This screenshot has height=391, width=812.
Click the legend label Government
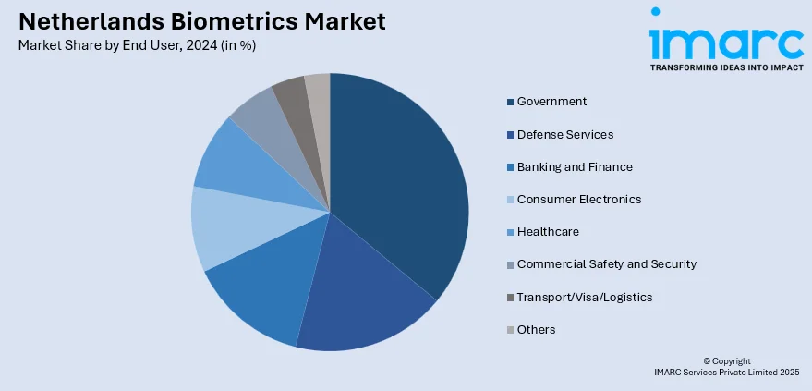pos(551,102)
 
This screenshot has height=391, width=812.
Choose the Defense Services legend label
pos(564,135)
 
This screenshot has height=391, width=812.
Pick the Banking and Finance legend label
pos(574,167)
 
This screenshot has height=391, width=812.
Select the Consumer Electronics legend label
pos(578,200)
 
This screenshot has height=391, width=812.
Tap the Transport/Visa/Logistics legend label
pos(585,297)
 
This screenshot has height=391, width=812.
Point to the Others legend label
pos(536,329)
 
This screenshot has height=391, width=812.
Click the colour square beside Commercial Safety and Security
pos(510,265)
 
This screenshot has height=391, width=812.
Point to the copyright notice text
pos(726,366)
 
